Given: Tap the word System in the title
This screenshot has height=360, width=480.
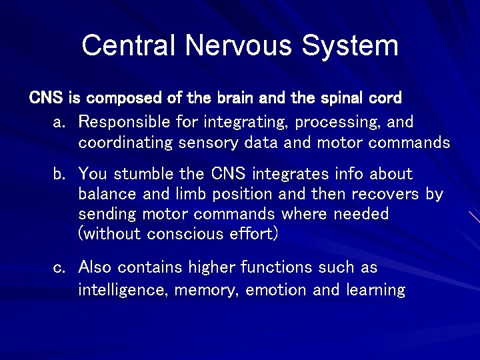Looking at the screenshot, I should point(349,45).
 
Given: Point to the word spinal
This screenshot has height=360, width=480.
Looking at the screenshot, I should point(340,98).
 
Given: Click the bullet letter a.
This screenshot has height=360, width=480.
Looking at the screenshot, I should point(59,123).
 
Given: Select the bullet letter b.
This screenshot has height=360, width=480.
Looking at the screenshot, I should point(59,175).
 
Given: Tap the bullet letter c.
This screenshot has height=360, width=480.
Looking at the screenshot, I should point(59,268).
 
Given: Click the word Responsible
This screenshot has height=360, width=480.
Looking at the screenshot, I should point(124,122).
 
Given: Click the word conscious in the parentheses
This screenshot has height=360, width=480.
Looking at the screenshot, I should point(187,234).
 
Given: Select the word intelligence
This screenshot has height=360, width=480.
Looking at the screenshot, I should point(119,290).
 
